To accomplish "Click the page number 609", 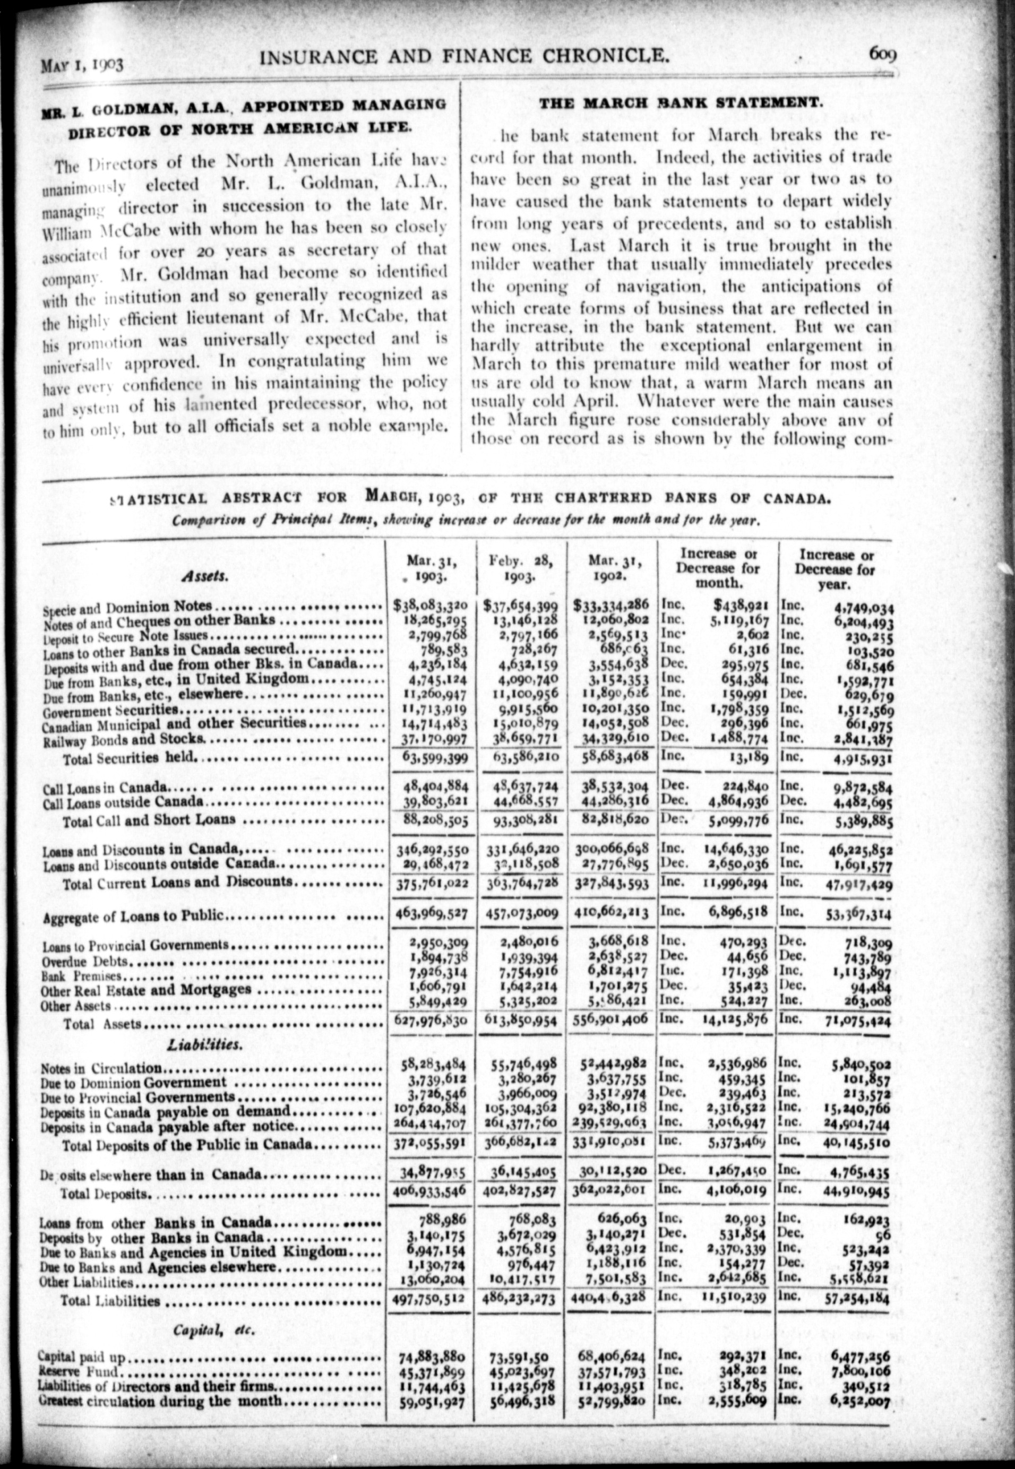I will (883, 55).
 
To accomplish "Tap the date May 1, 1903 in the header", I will (81, 64).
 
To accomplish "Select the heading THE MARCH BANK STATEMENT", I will (681, 102).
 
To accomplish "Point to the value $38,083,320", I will (431, 605).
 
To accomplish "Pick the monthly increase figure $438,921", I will (742, 605).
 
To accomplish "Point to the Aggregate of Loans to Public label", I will (134, 916).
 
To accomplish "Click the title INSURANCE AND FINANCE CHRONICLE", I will (465, 57).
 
